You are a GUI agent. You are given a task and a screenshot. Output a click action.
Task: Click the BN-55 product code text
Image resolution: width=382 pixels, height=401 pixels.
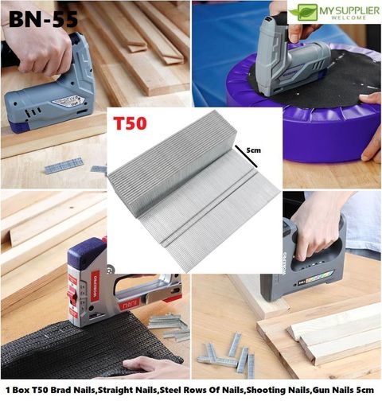pos(44,19)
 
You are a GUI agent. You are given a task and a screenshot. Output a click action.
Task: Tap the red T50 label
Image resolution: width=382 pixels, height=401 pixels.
pos(130,123)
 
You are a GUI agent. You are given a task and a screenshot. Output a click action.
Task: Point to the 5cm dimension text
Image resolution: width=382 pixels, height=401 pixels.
pos(253,150)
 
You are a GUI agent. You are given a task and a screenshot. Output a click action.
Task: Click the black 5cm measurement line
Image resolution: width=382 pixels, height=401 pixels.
pos(246,157)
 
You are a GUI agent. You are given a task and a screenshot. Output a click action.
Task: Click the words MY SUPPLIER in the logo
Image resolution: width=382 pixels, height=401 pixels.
pos(349,11)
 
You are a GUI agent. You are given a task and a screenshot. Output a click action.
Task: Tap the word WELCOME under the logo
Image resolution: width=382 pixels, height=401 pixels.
pos(349,18)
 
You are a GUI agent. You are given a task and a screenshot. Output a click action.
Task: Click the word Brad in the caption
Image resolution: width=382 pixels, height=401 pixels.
pos(61,390)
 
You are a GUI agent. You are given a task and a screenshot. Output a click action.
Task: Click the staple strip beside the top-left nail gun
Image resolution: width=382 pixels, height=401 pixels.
pos(64,165)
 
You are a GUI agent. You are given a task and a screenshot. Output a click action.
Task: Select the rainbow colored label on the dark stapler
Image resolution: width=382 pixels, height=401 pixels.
pos(319,278)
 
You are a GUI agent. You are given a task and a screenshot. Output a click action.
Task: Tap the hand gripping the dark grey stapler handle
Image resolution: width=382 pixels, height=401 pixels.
pos(317,228)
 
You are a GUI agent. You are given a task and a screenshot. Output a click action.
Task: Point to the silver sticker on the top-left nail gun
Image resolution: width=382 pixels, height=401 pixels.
pos(68,101)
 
